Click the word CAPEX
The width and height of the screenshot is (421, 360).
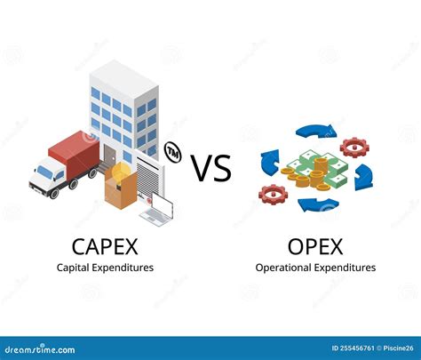tap(105, 243)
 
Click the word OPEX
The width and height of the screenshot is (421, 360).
tap(314, 243)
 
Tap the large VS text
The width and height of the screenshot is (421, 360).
tap(211, 168)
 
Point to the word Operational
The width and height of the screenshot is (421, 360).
tap(284, 267)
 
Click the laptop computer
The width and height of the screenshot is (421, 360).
tap(159, 212)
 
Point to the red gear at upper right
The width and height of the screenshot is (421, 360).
tap(353, 145)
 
